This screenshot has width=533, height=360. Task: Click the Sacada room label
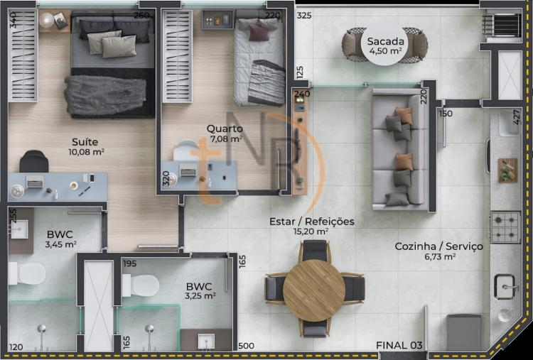coord(385,41)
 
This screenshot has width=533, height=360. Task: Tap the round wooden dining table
coord(313,290)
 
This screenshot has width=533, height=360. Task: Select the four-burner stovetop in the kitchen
coord(505,227)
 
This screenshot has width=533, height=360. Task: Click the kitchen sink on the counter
coord(505,287)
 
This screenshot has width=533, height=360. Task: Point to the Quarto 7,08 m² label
coord(225,133)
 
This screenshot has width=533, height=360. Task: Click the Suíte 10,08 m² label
coord(86,146)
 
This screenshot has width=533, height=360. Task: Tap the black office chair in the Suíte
coord(33,161)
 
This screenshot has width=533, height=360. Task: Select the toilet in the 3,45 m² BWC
coord(27,273)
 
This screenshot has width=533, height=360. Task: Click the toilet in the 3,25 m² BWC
coord(141,285)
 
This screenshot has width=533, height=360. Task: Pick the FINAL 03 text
coord(399,345)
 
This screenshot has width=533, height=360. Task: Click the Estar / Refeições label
coord(312,222)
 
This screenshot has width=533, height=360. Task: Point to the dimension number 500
coord(246,346)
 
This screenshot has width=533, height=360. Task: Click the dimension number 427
coord(517,117)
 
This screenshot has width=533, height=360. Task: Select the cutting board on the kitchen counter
coord(508,170)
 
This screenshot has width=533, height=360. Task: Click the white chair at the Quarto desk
coord(185,151)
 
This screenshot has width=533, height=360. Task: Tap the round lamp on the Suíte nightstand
coord(47,20)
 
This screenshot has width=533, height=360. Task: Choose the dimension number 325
coord(304,16)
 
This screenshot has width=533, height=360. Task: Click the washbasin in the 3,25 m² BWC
coord(206,341)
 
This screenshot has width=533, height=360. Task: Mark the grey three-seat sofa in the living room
coord(399,149)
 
